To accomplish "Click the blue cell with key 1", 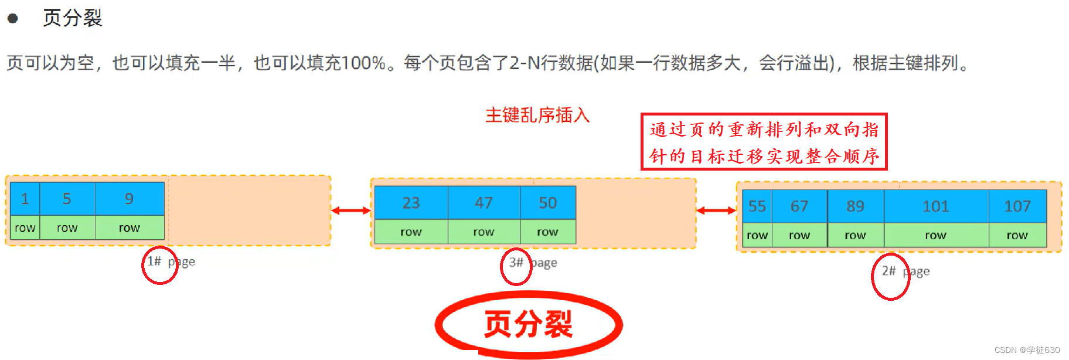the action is coord(25,199).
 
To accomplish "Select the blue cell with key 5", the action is coord(67,199).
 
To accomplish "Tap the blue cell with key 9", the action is coord(130,199).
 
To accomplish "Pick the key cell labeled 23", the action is coord(411,203).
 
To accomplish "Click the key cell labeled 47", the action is coord(484,203).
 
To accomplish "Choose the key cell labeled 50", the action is coord(547,203).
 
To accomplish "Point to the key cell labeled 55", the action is coord(757,206).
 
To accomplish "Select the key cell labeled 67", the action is coord(799,206).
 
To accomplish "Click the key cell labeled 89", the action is coord(855,206).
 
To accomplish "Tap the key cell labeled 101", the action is coord(935,206).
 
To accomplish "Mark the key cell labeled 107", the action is coord(1017,206).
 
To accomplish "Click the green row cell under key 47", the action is coord(484,232).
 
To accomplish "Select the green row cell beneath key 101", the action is coord(935,236).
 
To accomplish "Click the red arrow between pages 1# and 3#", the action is coord(350,210).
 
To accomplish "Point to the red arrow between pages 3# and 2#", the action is coord(716,210).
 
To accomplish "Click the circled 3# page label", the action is coord(516,263).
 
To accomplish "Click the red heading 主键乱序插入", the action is coord(537,115).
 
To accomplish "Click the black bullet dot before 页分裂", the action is coord(12,19).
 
